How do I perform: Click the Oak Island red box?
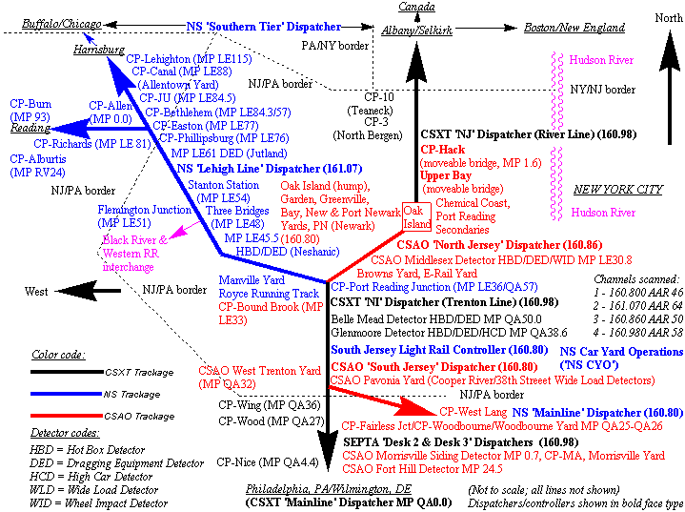[x=416, y=216]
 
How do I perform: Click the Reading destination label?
[x=30, y=128]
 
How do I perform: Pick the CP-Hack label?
[x=444, y=150]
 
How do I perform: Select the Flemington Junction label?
[x=144, y=210]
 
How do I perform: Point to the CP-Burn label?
[x=30, y=103]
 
